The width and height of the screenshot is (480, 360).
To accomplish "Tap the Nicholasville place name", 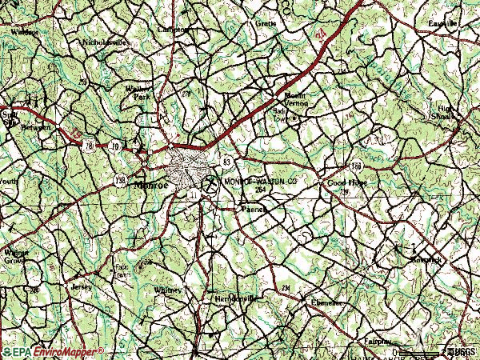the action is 106,42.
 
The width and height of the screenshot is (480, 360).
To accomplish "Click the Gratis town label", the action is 266,23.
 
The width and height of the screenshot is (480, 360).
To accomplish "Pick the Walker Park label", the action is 138,92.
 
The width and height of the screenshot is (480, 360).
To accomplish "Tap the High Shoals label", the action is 444,111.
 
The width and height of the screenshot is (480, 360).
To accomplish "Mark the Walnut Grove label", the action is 15,257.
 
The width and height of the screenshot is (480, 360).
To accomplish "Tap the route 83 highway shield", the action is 227,162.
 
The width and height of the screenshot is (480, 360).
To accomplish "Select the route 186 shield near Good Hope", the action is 356,166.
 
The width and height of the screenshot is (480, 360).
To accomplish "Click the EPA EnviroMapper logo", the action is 53,351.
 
